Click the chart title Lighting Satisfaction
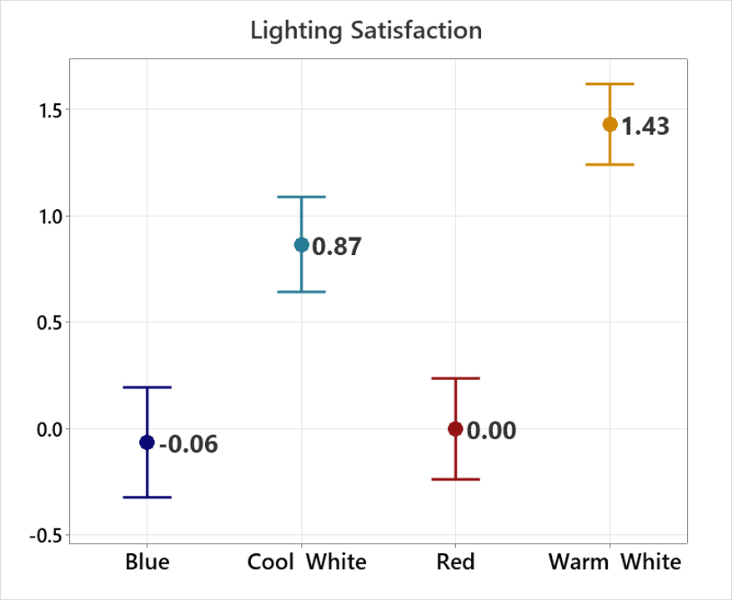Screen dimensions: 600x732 click(366, 32)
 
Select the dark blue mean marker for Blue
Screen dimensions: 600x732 click(147, 442)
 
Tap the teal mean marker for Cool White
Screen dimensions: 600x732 click(301, 245)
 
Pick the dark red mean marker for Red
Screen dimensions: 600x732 click(455, 428)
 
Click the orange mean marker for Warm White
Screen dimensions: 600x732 click(609, 124)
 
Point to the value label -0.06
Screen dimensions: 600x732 click(188, 444)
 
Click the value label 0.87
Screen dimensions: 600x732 click(337, 247)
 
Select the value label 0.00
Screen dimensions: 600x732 click(491, 431)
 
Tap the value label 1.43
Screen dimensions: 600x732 click(645, 127)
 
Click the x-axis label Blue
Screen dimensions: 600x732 click(147, 562)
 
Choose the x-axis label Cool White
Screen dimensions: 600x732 click(307, 562)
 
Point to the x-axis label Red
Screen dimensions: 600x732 click(455, 562)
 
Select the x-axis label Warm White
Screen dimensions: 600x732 click(614, 562)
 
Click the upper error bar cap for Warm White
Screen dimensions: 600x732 click(609, 84)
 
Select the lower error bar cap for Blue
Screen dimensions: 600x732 click(147, 497)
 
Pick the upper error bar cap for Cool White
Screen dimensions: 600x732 click(301, 197)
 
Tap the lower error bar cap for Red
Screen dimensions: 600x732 click(455, 479)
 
